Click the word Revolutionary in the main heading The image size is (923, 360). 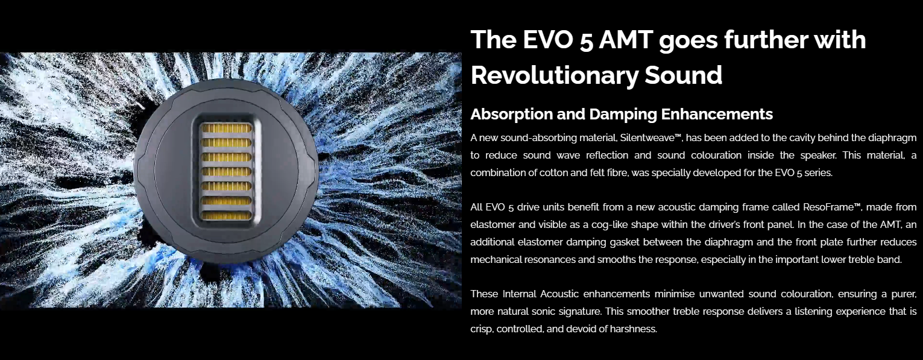click(554, 75)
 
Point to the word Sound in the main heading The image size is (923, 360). click(683, 75)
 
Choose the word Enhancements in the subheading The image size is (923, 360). click(717, 114)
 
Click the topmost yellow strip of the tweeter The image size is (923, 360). click(226, 128)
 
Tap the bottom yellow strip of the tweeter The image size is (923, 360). click(226, 216)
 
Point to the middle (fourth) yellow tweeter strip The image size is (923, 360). click(226, 171)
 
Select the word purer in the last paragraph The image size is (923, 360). click(904, 294)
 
